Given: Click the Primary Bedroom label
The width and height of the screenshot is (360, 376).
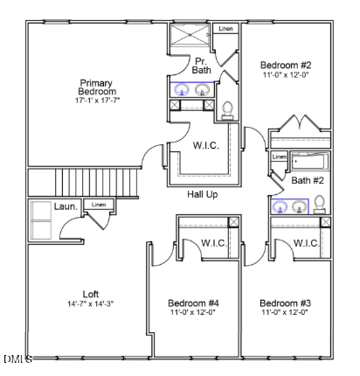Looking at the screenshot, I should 96,87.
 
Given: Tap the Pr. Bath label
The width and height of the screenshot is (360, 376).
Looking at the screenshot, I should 202,66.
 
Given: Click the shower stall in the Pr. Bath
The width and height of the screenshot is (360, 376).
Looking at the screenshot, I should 190,37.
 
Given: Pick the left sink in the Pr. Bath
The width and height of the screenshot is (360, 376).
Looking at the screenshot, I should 183,89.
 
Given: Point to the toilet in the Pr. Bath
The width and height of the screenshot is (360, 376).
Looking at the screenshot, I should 228,108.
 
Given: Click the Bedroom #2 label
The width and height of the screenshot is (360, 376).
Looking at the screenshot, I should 286,65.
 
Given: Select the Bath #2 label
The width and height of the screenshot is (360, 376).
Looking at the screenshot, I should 308,181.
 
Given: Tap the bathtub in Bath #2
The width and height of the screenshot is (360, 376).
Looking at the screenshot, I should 309,162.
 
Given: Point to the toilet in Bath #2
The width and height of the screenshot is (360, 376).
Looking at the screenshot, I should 320,204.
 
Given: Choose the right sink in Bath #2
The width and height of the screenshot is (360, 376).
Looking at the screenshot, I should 299,206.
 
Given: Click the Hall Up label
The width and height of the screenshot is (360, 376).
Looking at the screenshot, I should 203,194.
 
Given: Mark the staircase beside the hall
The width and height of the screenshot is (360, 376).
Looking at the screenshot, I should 84,183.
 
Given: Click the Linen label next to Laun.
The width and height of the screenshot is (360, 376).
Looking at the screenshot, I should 98,205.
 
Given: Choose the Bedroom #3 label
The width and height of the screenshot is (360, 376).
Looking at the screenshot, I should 286,303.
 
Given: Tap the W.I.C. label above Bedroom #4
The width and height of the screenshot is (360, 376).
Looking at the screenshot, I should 215,243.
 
